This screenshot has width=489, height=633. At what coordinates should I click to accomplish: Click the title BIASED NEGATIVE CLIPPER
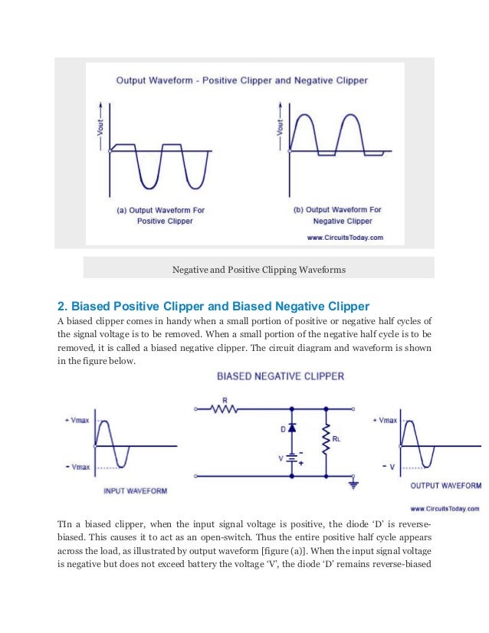280,376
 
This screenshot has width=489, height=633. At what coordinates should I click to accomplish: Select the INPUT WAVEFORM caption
135,490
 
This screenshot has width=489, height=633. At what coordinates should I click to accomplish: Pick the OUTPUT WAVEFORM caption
445,485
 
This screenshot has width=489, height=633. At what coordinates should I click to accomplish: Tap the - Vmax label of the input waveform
77,467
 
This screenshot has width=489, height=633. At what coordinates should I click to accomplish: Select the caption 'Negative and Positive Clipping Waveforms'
258,270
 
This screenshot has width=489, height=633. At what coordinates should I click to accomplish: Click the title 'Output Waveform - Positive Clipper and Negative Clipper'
241,80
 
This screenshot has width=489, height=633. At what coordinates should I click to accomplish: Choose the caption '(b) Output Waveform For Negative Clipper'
337,215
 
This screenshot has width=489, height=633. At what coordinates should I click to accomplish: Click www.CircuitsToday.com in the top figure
344,238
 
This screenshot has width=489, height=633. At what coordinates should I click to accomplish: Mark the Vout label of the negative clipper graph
280,124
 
